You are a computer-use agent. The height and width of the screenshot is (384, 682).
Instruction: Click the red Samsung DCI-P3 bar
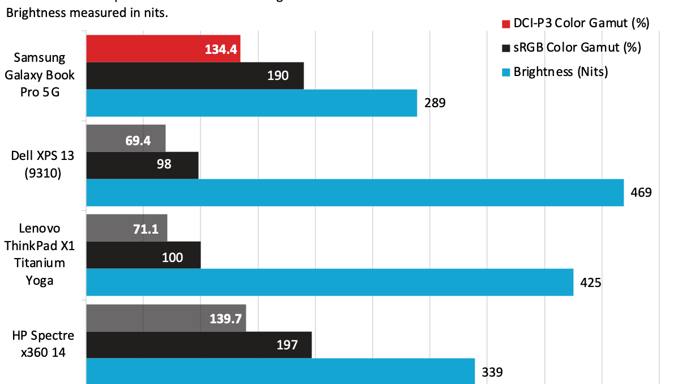[163, 48]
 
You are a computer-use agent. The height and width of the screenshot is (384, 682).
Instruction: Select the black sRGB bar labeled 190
[195, 75]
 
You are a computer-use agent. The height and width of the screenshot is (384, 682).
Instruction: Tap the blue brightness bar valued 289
[252, 103]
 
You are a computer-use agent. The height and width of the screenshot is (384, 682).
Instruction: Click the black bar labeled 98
[142, 165]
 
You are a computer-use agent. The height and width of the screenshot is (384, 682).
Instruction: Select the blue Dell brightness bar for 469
[355, 192]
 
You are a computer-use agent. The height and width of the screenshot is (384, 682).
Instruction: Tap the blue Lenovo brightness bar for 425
[330, 282]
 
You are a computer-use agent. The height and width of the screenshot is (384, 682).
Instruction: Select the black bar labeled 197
[199, 344]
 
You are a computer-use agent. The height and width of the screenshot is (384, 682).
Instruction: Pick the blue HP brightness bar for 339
[280, 371]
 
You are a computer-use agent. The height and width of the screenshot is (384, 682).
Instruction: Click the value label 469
[641, 192]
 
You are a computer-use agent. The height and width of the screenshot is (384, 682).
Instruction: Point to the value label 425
[590, 282]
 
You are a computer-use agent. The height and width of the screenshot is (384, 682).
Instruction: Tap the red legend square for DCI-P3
[506, 23]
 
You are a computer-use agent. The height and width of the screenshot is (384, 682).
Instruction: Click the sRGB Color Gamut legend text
[577, 48]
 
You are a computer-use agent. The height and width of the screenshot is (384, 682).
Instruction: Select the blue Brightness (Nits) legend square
[506, 72]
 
